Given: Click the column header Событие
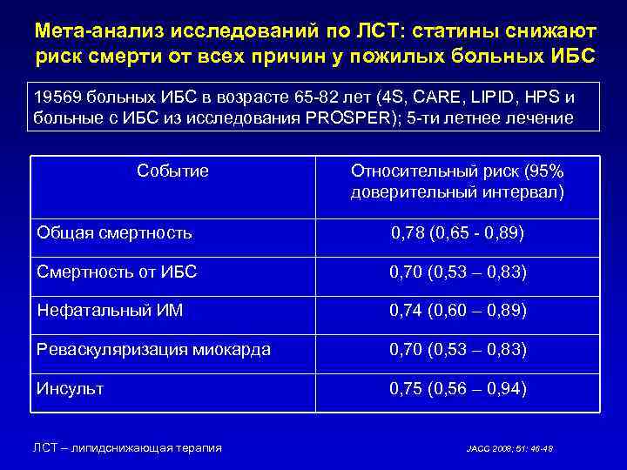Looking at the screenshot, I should pyautogui.click(x=172, y=171).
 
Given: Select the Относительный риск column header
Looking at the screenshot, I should pyautogui.click(x=457, y=180).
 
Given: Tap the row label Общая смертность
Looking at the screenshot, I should pyautogui.click(x=114, y=232).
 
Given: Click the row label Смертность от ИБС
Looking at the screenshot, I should pyautogui.click(x=117, y=272).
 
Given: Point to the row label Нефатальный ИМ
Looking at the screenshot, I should pyautogui.click(x=110, y=310).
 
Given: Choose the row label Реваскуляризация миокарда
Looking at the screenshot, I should pyautogui.click(x=153, y=349).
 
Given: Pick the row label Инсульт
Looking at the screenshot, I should pyautogui.click(x=70, y=388).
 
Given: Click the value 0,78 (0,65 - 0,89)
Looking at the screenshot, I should pyautogui.click(x=457, y=233).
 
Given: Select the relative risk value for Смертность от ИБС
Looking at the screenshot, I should pyautogui.click(x=457, y=272).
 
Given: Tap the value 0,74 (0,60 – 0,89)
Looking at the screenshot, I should pyautogui.click(x=457, y=311).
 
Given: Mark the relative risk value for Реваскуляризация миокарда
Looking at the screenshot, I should pyautogui.click(x=457, y=350).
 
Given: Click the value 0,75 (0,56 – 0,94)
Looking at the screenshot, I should pyautogui.click(x=457, y=389).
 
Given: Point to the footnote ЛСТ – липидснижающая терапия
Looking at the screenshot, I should pyautogui.click(x=127, y=447).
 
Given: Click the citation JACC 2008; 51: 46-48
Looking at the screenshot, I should pyautogui.click(x=509, y=449).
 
